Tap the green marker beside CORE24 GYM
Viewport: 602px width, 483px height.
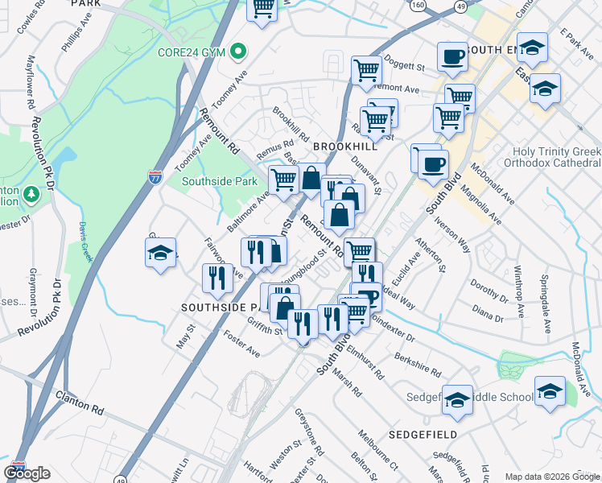(x=237, y=52)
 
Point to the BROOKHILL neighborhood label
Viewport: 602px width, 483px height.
(x=344, y=147)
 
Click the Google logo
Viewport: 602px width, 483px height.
(x=27, y=473)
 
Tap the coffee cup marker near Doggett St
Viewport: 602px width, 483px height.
(x=452, y=57)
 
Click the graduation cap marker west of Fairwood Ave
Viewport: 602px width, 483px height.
(x=161, y=254)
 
